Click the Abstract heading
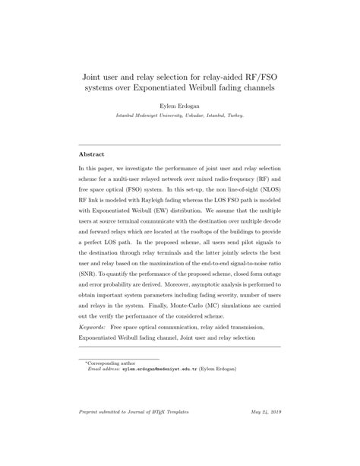pos(91,154)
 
